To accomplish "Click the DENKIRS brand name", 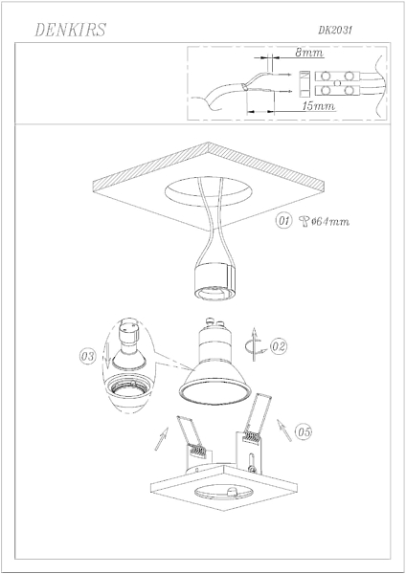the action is pyautogui.click(x=70, y=30).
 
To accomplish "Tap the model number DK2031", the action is pyautogui.click(x=335, y=30).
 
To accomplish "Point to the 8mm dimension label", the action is pyautogui.click(x=309, y=53).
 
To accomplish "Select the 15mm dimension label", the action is pyautogui.click(x=319, y=106).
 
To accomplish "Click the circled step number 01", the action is pyautogui.click(x=284, y=221).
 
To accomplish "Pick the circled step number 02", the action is pyautogui.click(x=279, y=346).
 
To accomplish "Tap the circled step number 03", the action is pyautogui.click(x=88, y=356).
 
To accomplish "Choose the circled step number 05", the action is pyautogui.click(x=304, y=431).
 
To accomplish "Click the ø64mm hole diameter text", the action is pyautogui.click(x=330, y=221).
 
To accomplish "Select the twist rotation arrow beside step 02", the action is pyautogui.click(x=254, y=344).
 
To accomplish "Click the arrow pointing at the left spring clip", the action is pyautogui.click(x=161, y=438).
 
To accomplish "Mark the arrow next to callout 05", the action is pyautogui.click(x=284, y=430).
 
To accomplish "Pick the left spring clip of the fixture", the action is pyautogui.click(x=193, y=437).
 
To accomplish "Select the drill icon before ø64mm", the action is pyautogui.click(x=304, y=221).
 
